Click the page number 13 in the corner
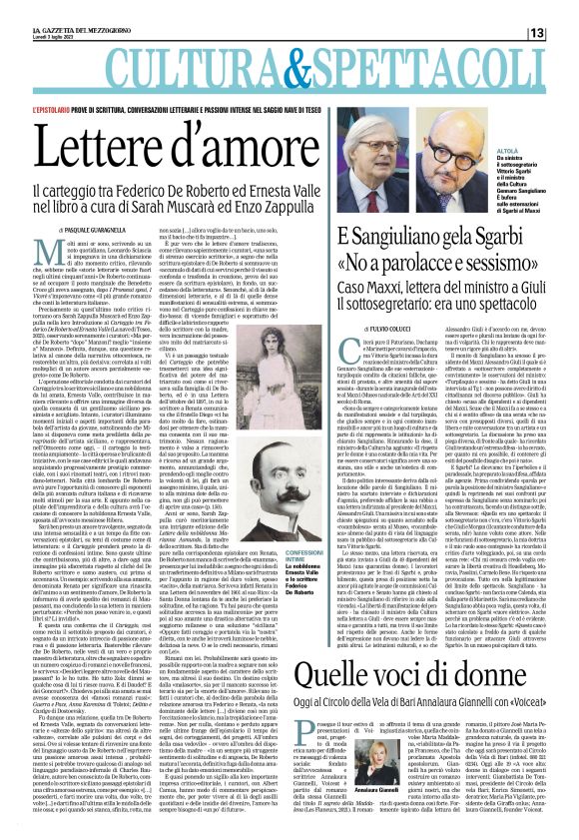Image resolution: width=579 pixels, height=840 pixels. (x=563, y=8)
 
